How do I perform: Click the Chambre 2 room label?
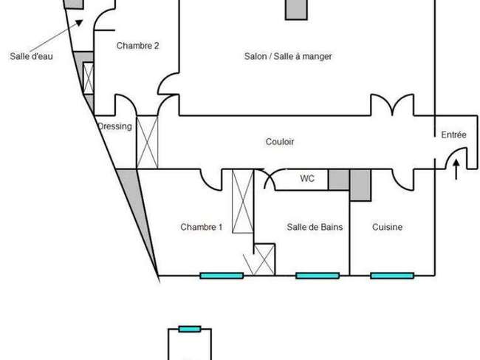[138, 46]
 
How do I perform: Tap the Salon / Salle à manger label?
[288, 56]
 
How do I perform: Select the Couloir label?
[280, 141]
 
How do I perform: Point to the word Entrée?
[453, 135]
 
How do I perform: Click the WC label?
[307, 178]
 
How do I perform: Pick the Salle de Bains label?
[315, 227]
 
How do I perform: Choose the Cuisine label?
[387, 227]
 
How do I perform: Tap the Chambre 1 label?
[202, 227]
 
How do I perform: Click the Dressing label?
[114, 126]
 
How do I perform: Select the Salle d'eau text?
[31, 56]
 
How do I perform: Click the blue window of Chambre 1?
[222, 276]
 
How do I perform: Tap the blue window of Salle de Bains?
[318, 276]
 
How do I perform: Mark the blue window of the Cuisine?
[392, 276]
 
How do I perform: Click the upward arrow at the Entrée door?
[456, 169]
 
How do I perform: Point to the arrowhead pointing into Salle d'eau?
[80, 23]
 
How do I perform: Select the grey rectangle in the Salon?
[296, 10]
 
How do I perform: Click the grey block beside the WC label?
[339, 180]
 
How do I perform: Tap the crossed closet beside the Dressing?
[147, 142]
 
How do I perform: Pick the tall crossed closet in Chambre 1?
[243, 201]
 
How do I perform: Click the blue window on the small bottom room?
[190, 329]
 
